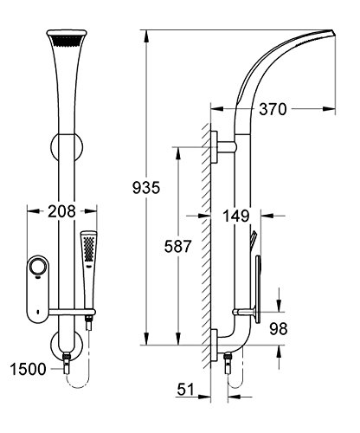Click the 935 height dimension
(x=146, y=188)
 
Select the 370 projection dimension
(x=273, y=109)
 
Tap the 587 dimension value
(x=177, y=246)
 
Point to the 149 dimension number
(x=235, y=216)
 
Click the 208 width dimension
(x=61, y=211)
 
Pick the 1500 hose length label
(x=28, y=369)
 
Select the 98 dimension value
(x=279, y=328)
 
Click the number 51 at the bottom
(x=186, y=389)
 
